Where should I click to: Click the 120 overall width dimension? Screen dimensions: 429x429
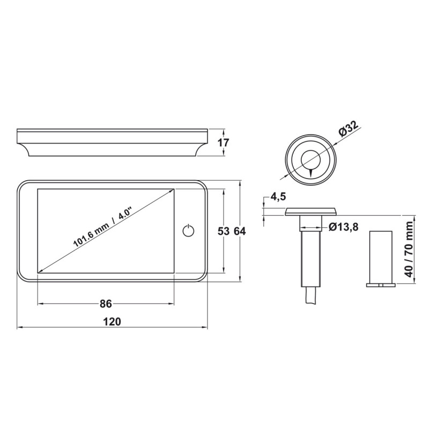(x=112, y=321)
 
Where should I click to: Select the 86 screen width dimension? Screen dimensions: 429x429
(x=106, y=304)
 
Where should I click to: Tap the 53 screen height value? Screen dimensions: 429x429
(x=224, y=232)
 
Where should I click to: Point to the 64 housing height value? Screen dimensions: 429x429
(x=240, y=232)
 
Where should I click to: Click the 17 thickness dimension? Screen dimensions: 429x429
(x=223, y=143)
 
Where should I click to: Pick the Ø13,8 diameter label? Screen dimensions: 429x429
(x=343, y=227)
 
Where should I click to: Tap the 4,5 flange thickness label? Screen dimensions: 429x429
(x=278, y=197)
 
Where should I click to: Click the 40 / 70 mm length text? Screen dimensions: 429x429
(x=409, y=249)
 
